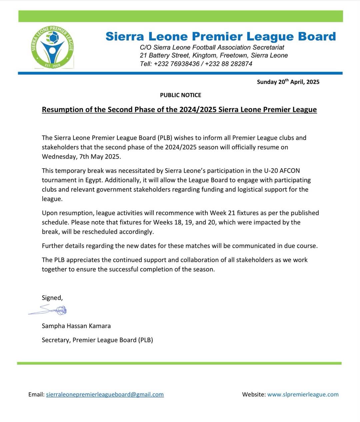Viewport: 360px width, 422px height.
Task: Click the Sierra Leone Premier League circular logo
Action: [x=52, y=47]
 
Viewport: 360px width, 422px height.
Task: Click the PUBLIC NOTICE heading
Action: [x=180, y=95]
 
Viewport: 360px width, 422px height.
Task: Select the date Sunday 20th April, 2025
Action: [x=288, y=82]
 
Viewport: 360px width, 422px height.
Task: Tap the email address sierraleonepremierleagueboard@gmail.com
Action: [x=105, y=394]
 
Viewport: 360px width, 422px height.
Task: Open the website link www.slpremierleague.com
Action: [x=303, y=394]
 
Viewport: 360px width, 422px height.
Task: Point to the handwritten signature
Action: [x=50, y=310]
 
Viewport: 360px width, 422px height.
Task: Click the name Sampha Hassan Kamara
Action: [x=76, y=326]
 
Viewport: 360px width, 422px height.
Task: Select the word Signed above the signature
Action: [x=52, y=298]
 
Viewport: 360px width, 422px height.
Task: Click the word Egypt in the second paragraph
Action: [x=87, y=180]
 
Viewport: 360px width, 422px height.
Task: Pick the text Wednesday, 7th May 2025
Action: [x=81, y=157]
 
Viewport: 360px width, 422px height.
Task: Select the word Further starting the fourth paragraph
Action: [x=53, y=246]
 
